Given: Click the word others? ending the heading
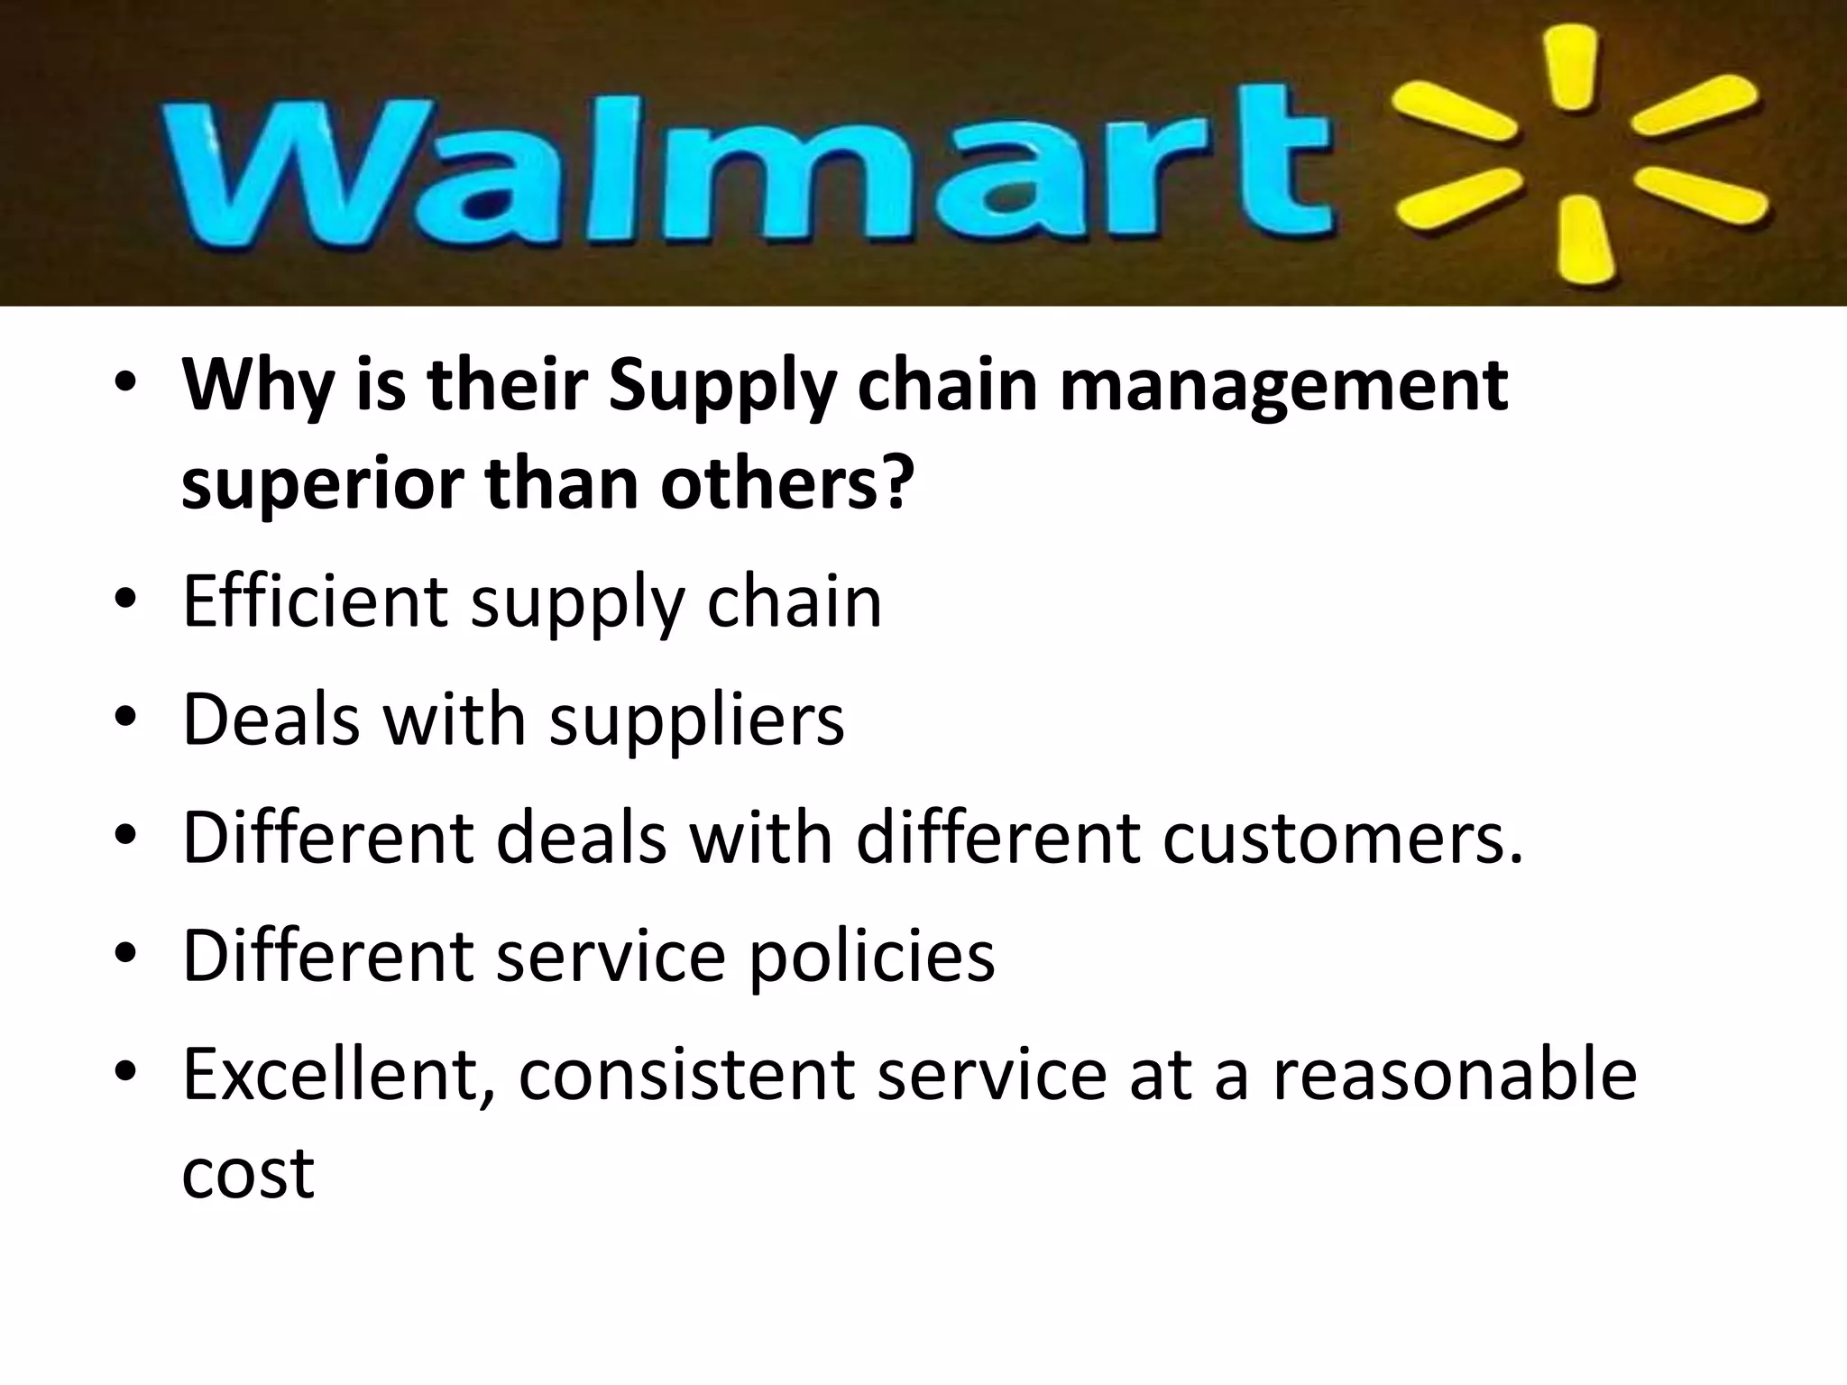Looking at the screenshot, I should point(784,483).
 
